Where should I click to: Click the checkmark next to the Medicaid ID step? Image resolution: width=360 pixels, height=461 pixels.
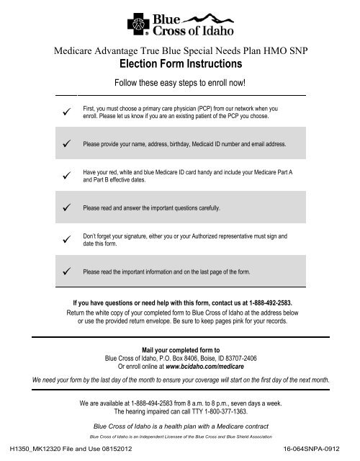tap(66, 144)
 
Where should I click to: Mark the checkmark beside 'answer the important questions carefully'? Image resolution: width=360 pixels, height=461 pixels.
tap(66, 208)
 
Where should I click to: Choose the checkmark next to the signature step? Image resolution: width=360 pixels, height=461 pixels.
tap(66, 239)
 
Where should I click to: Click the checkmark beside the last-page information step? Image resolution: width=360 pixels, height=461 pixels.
tap(66, 272)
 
